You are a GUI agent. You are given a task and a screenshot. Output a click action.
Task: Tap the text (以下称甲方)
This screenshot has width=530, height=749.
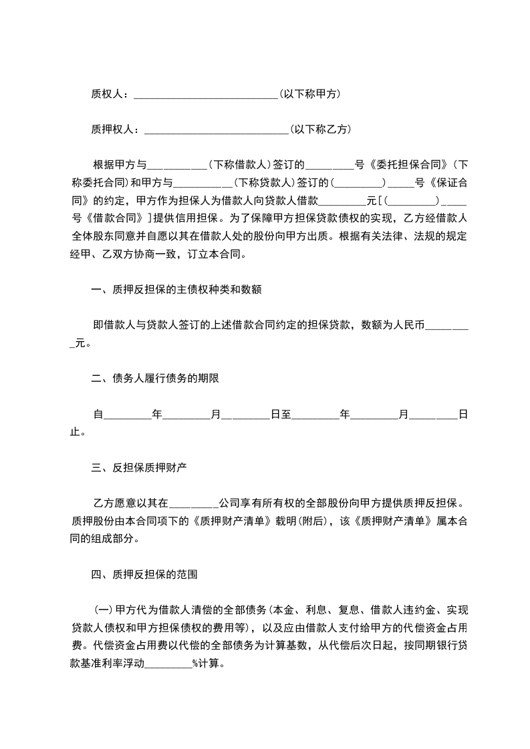point(310,94)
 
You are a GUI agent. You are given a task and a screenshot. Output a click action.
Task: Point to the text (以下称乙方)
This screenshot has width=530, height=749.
point(320,130)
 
